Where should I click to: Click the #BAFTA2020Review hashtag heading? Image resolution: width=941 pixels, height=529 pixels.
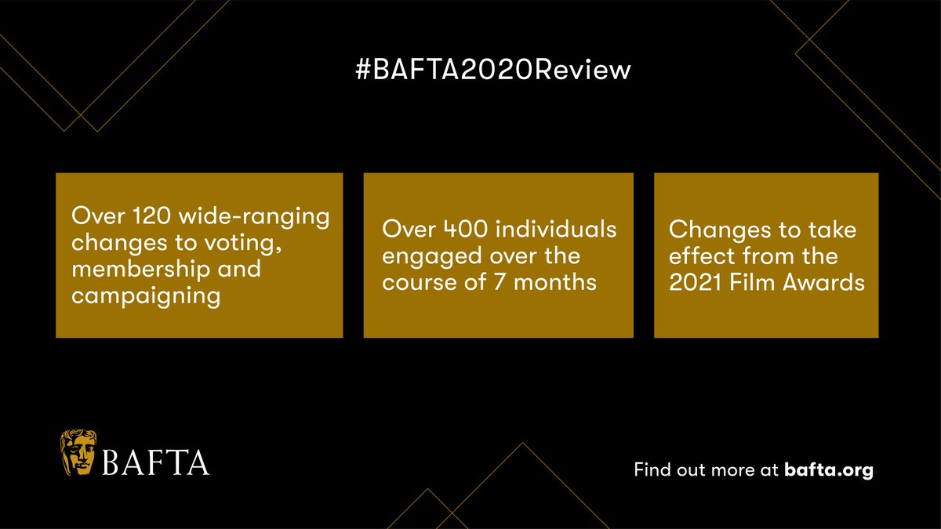click(493, 70)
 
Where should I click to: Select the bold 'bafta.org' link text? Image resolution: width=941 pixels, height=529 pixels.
click(828, 471)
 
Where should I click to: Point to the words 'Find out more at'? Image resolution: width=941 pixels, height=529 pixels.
click(706, 471)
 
